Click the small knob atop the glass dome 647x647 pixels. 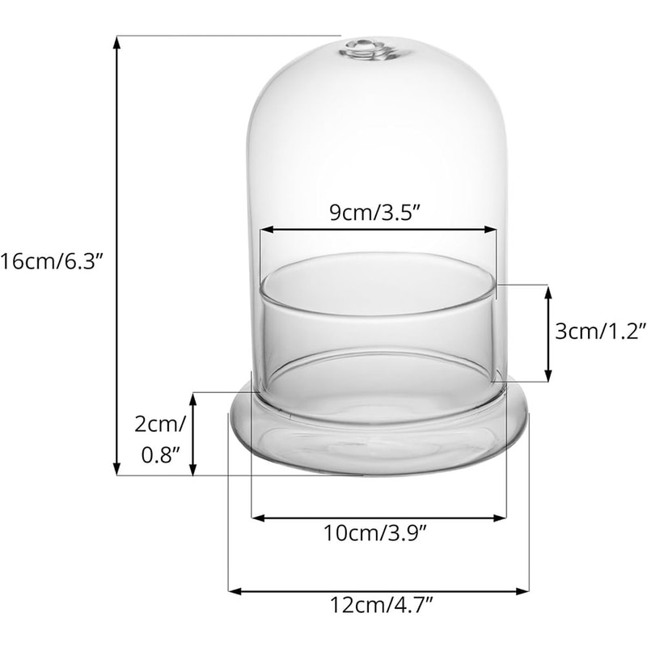pyautogui.click(x=363, y=50)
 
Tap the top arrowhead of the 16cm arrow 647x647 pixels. pyautogui.click(x=118, y=40)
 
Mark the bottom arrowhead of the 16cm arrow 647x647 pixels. pyautogui.click(x=118, y=470)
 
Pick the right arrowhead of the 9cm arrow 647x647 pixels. pyautogui.click(x=492, y=230)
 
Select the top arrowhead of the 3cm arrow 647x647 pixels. pyautogui.click(x=550, y=290)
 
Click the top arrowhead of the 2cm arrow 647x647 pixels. pyautogui.click(x=193, y=398)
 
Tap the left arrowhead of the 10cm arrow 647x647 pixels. pyautogui.click(x=256, y=517)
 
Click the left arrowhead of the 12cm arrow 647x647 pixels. pyautogui.click(x=235, y=591)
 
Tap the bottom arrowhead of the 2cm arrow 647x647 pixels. pyautogui.click(x=193, y=471)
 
